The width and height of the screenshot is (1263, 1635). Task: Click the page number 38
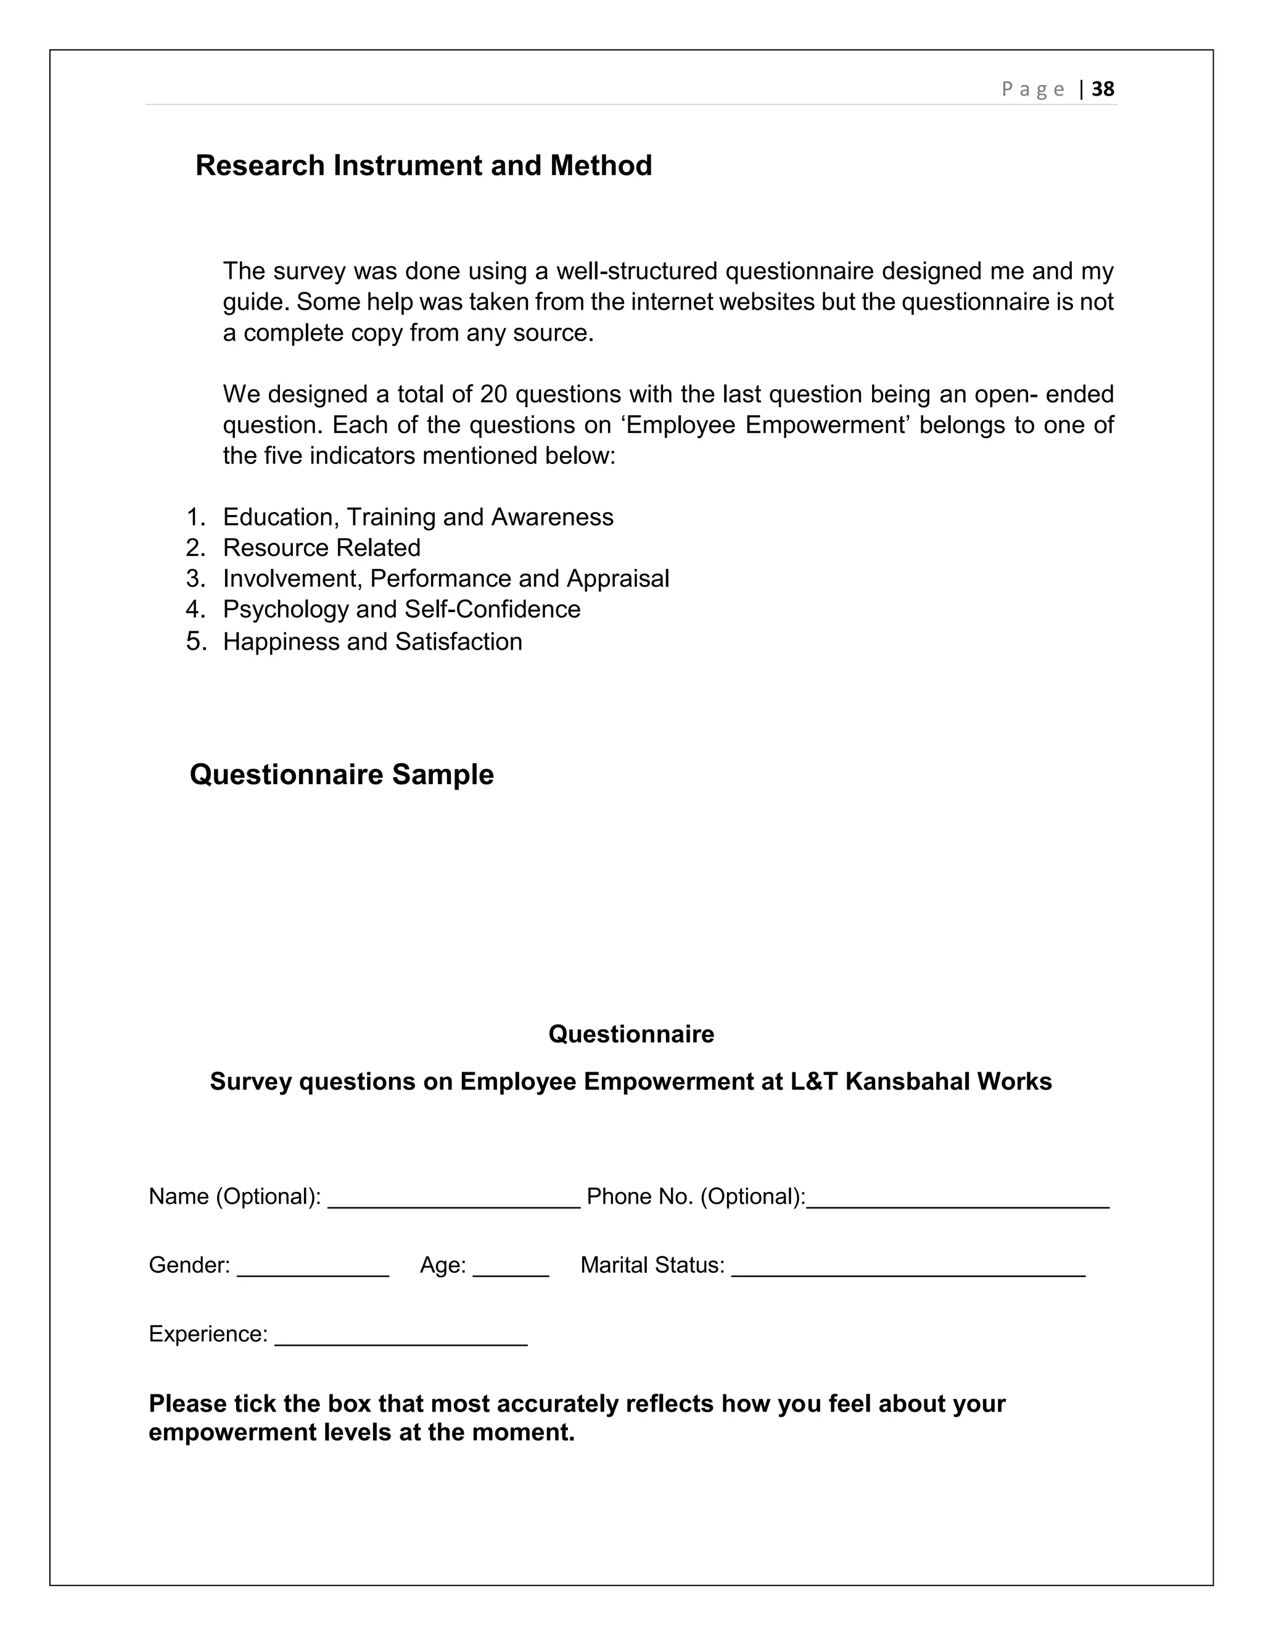click(1103, 89)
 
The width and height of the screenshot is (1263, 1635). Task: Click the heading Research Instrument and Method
click(424, 165)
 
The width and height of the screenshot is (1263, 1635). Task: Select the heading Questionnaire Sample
click(342, 774)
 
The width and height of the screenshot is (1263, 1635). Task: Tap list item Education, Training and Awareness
click(418, 516)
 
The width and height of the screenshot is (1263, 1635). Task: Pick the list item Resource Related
click(322, 547)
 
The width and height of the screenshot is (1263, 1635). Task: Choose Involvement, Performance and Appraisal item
click(446, 578)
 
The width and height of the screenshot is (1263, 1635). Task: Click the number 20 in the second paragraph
click(494, 394)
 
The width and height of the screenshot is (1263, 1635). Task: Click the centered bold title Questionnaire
click(631, 1034)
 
